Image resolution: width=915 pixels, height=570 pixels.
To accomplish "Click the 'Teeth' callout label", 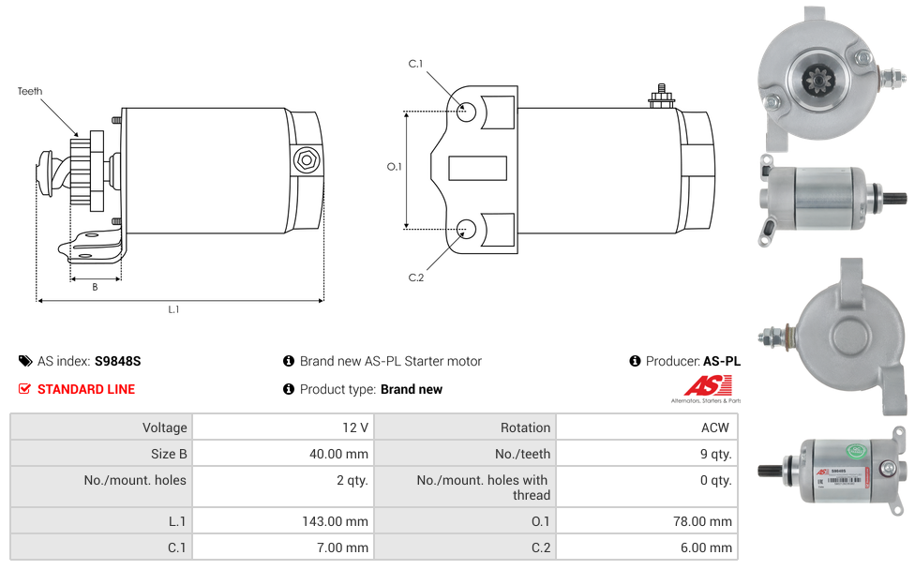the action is (x=30, y=92).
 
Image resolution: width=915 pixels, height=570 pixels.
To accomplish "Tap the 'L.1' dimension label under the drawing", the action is (x=173, y=309).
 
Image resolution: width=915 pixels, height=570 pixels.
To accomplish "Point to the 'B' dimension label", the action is (x=95, y=287).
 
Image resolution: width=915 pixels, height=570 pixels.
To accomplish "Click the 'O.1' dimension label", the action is (x=395, y=167).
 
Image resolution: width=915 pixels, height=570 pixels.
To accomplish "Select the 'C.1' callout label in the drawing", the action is (x=415, y=64).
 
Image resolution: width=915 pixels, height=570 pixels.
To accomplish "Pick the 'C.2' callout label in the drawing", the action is (x=416, y=277).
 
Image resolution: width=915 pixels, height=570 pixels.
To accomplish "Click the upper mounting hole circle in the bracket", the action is (x=466, y=112).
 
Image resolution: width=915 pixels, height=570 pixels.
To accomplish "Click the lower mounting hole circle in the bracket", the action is (x=466, y=230).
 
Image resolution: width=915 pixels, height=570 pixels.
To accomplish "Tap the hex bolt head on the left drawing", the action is (x=306, y=160).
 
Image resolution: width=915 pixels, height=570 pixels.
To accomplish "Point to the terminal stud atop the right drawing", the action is (x=662, y=97).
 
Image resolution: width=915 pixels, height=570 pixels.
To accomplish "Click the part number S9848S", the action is (x=118, y=361).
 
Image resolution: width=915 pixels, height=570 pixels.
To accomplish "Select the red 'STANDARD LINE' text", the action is (x=86, y=389).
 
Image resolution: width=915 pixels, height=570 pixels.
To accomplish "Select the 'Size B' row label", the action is (x=170, y=454).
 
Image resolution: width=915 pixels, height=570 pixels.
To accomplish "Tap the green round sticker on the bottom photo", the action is (x=856, y=451).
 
